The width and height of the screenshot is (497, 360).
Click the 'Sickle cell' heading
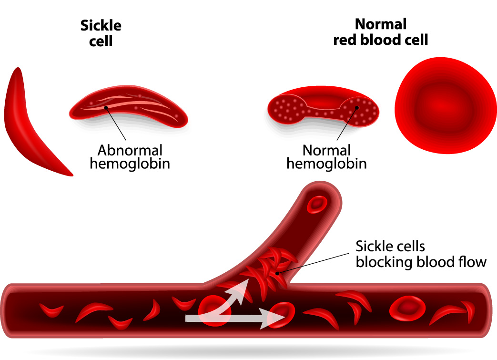[x=101, y=33]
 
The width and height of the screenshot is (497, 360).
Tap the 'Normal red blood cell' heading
[x=381, y=32]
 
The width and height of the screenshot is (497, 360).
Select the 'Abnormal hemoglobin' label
[x=130, y=157]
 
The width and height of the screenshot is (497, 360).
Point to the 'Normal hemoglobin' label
[x=326, y=157]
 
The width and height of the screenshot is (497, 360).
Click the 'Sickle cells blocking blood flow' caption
[x=421, y=254]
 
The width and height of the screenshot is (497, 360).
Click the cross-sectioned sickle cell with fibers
[x=128, y=107]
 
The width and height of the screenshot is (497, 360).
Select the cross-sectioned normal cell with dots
[x=323, y=107]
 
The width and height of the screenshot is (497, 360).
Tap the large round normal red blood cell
[x=446, y=105]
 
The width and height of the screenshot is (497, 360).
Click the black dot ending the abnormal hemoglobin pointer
[x=106, y=108]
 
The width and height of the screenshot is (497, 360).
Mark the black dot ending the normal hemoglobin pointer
[x=357, y=108]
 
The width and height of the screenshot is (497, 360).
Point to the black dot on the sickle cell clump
[x=277, y=273]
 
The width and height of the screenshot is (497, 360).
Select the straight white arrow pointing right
[x=234, y=318]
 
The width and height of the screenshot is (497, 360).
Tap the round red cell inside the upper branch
[x=317, y=204]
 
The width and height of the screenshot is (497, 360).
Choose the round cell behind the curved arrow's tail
[x=214, y=310]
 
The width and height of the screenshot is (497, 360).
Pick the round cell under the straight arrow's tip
[x=281, y=315]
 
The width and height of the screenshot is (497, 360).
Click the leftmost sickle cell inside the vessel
[x=51, y=310]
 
